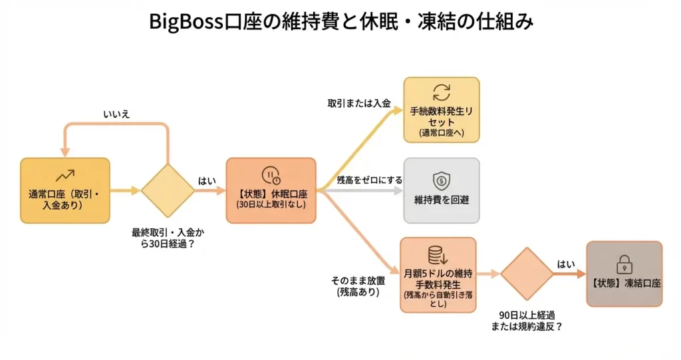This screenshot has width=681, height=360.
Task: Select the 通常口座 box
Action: pos(65,190)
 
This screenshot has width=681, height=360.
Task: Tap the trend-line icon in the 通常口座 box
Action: pos(65,176)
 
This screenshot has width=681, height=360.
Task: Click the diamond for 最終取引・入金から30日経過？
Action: pos(168,190)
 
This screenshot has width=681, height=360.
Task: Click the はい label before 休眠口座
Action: pos(207,180)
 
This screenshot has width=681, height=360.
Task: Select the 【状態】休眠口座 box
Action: pos(271,190)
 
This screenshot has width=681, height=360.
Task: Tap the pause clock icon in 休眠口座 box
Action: pos(271,175)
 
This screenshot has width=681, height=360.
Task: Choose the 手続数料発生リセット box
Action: pos(442,110)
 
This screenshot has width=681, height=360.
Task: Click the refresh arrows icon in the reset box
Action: pos(442,92)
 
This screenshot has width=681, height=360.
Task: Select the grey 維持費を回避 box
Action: pos(442,190)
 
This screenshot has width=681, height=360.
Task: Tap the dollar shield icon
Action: pos(442,180)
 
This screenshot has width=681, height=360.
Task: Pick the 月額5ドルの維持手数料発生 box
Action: pos(438,275)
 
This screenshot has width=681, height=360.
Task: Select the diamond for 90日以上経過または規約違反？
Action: pos(527,273)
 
